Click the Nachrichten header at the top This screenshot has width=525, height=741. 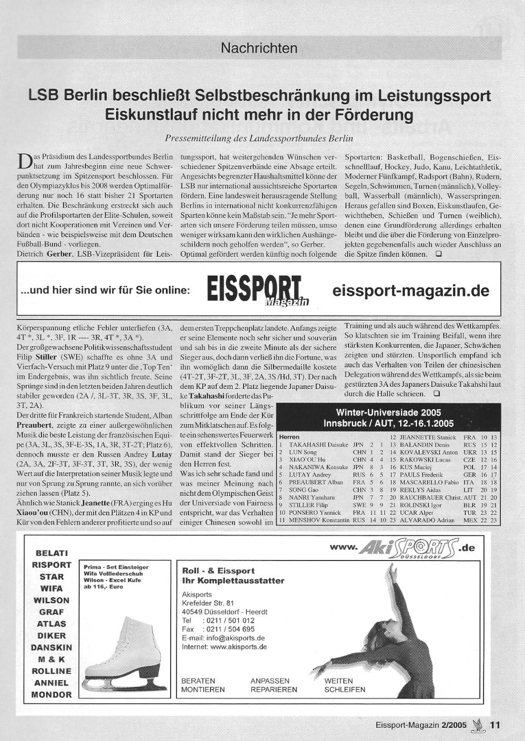coord(259,48)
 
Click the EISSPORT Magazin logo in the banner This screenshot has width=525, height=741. coord(257,290)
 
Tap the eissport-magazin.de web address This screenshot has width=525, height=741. coord(411,291)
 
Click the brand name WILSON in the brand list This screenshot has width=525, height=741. coord(51,600)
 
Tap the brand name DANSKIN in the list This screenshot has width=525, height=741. coord(51,648)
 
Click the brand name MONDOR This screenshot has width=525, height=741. coord(51,695)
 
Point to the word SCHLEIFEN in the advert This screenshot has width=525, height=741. coord(344,690)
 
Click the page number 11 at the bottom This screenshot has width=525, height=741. coord(495,725)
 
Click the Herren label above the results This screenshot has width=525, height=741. coord(289,437)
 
